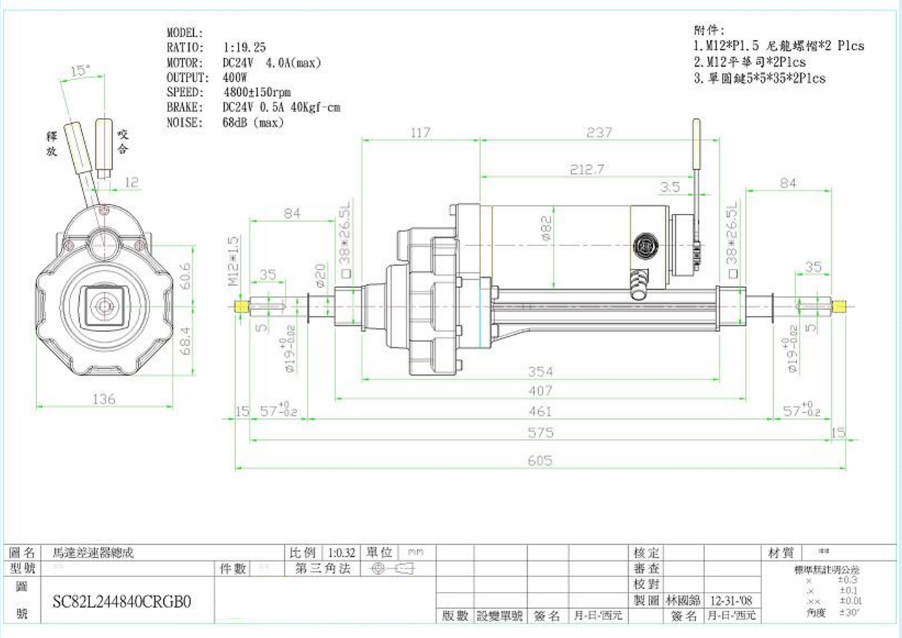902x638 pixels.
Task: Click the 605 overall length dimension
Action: (x=540, y=461)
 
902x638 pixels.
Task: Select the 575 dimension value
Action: (x=540, y=433)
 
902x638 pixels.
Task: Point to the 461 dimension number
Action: (x=540, y=412)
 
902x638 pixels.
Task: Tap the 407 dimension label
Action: (x=540, y=391)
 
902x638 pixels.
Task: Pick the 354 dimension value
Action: (x=540, y=371)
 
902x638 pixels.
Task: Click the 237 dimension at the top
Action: (x=599, y=133)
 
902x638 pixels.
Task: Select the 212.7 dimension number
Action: (x=587, y=169)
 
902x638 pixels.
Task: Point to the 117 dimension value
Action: (x=420, y=133)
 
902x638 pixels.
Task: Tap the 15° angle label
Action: (x=81, y=70)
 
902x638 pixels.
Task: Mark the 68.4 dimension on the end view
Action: (x=186, y=341)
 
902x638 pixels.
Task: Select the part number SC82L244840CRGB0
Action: (x=122, y=602)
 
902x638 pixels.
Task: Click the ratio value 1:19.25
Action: (x=245, y=48)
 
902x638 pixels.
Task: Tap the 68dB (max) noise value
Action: (x=253, y=123)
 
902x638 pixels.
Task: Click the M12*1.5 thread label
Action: (x=232, y=260)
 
